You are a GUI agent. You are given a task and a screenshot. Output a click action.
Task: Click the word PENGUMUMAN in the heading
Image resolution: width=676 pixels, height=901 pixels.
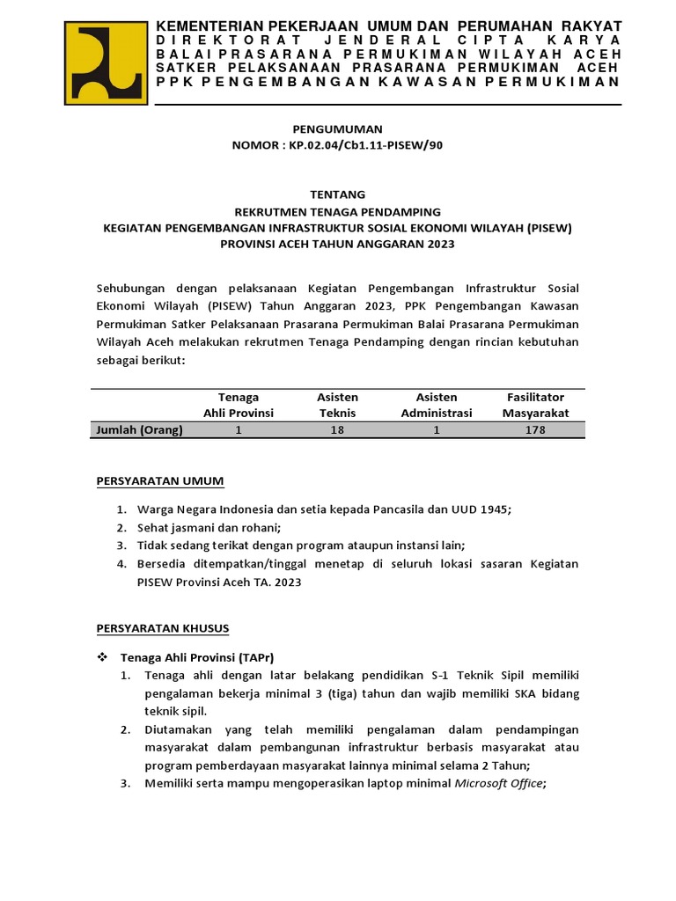pyautogui.click(x=337, y=129)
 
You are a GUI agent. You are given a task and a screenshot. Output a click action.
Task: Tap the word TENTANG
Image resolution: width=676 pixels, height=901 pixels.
pyautogui.click(x=337, y=194)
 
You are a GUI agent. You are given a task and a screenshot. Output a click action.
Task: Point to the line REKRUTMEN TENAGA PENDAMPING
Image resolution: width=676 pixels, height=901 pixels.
pyautogui.click(x=337, y=211)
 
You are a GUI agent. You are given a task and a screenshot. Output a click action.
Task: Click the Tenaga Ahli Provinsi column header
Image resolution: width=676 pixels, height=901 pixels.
pyautogui.click(x=239, y=405)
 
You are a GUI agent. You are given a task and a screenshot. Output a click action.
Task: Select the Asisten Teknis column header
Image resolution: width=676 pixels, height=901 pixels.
pyautogui.click(x=337, y=405)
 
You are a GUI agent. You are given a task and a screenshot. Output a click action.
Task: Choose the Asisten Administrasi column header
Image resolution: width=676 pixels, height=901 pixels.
pyautogui.click(x=437, y=405)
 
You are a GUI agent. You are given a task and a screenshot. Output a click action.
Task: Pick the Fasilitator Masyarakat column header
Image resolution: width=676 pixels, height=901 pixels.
pyautogui.click(x=535, y=405)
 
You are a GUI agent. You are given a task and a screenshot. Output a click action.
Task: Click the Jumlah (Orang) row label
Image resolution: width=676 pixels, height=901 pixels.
pyautogui.click(x=139, y=430)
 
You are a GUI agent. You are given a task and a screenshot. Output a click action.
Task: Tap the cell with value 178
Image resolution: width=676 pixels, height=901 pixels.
pyautogui.click(x=535, y=430)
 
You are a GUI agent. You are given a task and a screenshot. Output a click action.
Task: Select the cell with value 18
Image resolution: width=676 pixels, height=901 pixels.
pyautogui.click(x=337, y=430)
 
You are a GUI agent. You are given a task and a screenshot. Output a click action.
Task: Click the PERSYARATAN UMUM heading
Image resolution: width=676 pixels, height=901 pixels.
pyautogui.click(x=159, y=480)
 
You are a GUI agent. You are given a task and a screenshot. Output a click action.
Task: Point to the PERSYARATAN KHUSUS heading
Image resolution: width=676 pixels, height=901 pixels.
pyautogui.click(x=162, y=628)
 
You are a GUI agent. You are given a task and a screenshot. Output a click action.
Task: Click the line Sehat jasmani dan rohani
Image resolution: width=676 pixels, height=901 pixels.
pyautogui.click(x=208, y=528)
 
